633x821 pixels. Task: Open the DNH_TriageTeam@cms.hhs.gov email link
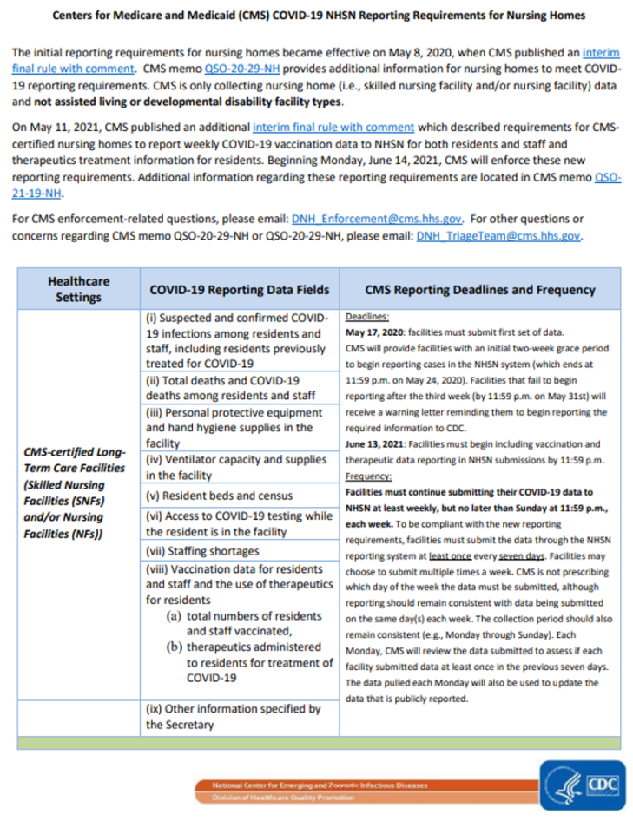coord(498,235)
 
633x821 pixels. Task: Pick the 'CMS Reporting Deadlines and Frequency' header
coord(478,290)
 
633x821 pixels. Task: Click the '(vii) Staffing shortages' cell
coord(203,551)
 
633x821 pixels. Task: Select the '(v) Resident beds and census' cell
coord(213,496)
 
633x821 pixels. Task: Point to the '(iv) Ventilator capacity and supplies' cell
coord(237,467)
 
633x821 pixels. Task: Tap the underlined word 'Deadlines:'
coord(367,318)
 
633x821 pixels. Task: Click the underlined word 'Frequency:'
coord(369,476)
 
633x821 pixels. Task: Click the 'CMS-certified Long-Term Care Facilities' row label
coord(74,493)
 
